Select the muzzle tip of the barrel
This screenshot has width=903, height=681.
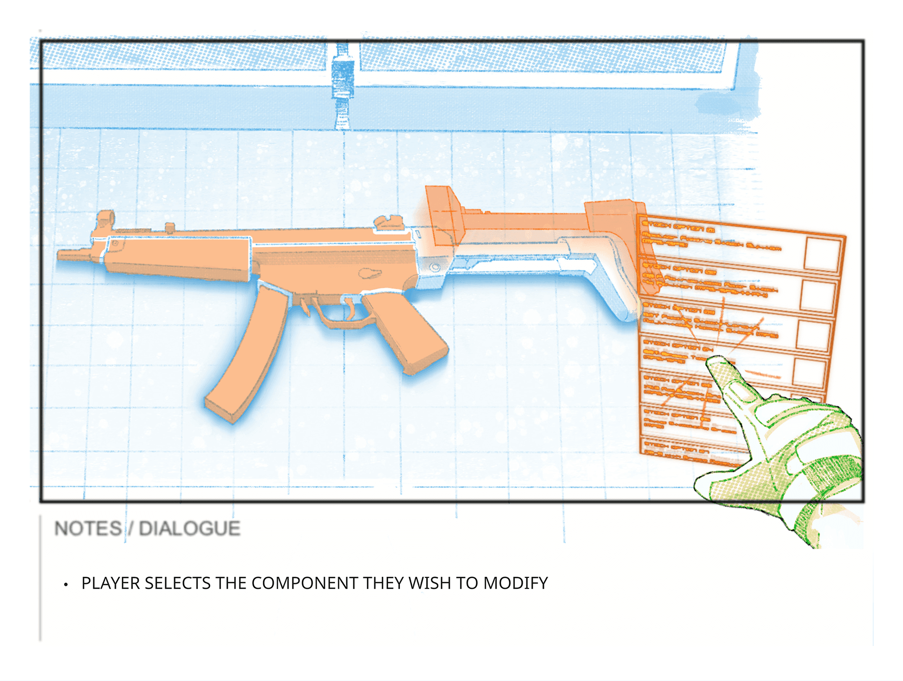[62, 255]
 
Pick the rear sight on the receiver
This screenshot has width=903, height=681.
[387, 223]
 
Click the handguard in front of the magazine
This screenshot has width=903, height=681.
[178, 259]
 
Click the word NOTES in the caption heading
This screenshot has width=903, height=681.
[88, 529]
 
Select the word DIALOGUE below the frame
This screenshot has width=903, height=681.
[189, 529]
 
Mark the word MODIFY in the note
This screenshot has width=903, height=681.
[515, 583]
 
